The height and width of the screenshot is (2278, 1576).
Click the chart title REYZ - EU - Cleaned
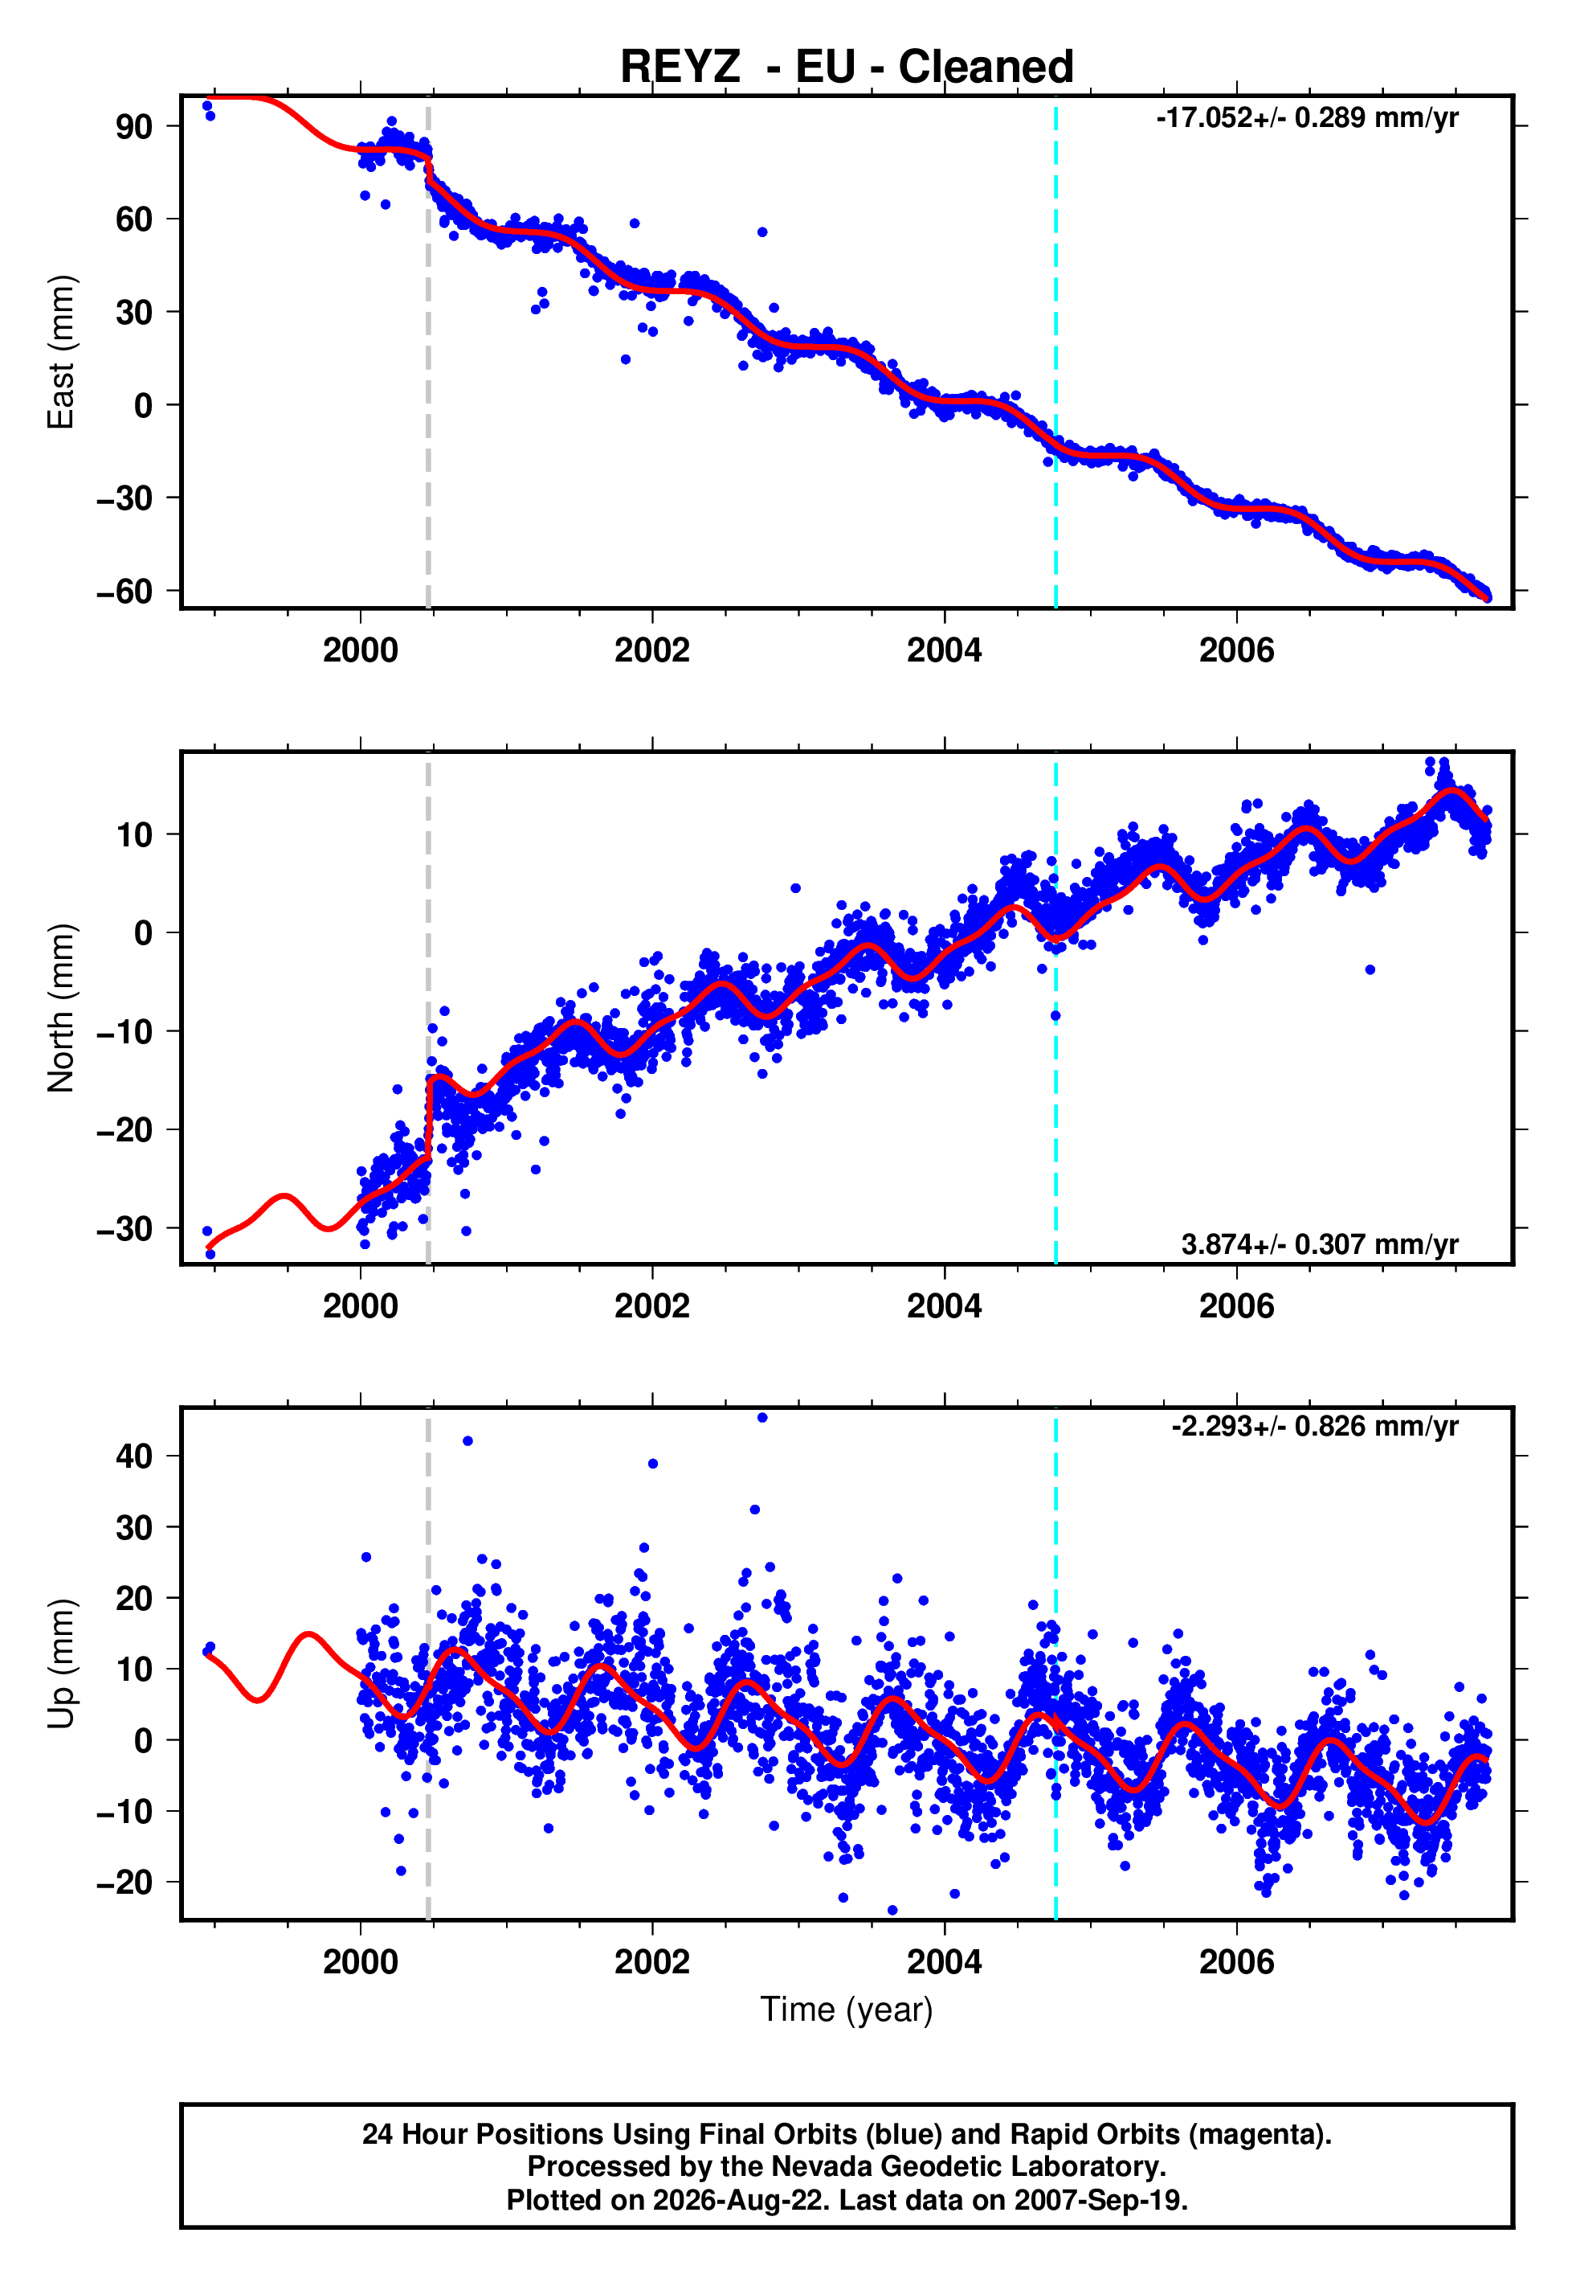pyautogui.click(x=847, y=68)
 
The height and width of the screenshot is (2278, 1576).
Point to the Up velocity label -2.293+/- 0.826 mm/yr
pyautogui.click(x=1314, y=1427)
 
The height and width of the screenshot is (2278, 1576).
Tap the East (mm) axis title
pyautogui.click(x=61, y=352)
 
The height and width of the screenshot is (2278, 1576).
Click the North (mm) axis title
pyautogui.click(x=61, y=1008)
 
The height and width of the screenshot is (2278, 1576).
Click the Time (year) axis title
pyautogui.click(x=847, y=2010)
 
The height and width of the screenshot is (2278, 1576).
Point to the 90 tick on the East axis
pyautogui.click(x=134, y=126)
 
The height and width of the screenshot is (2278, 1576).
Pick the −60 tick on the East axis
pyautogui.click(x=125, y=591)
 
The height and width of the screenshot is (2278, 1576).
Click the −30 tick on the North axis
pyautogui.click(x=125, y=1228)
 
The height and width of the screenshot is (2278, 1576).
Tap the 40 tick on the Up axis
pyautogui.click(x=134, y=1456)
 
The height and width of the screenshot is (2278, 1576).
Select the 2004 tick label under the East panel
pyautogui.click(x=944, y=651)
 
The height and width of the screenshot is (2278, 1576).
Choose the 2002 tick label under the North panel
pyautogui.click(x=651, y=1307)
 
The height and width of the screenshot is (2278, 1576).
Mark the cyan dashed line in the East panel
pyautogui.click(x=1055, y=352)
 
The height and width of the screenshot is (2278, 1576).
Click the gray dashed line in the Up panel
pyautogui.click(x=427, y=1664)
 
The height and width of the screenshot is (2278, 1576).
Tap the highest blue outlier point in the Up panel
pyautogui.click(x=762, y=1418)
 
